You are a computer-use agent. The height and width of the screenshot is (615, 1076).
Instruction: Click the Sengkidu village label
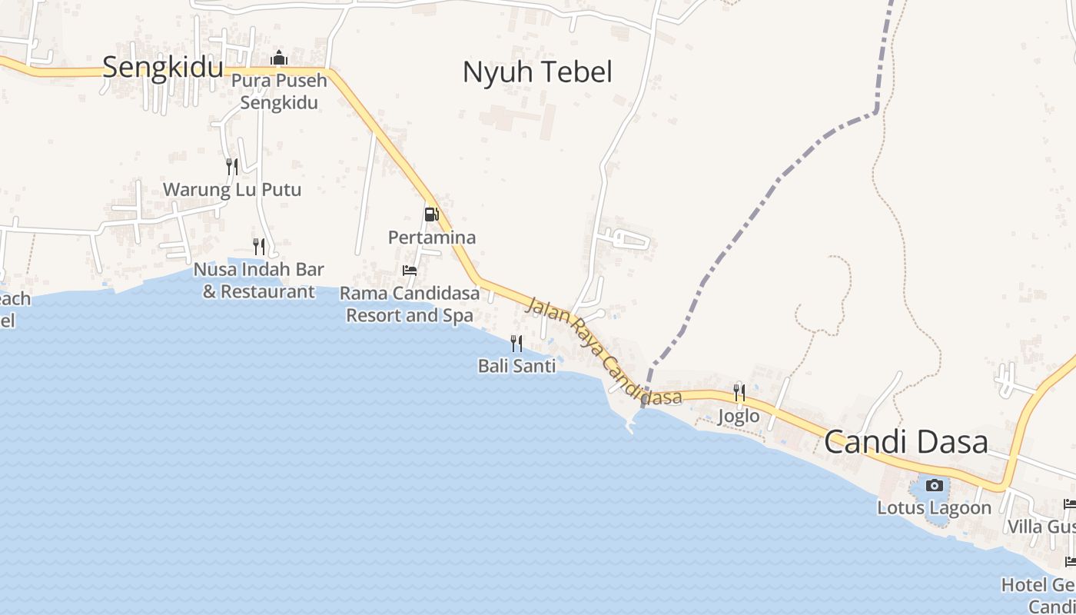(x=162, y=67)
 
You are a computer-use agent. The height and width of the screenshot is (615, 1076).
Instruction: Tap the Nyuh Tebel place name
(x=537, y=72)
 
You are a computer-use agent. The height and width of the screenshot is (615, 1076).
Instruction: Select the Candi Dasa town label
(x=906, y=443)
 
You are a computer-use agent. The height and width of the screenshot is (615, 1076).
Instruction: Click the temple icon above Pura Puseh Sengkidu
(x=278, y=58)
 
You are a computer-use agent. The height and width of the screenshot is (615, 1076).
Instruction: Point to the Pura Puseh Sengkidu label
(x=279, y=91)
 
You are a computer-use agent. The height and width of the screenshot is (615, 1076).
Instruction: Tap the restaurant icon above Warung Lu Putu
(x=231, y=166)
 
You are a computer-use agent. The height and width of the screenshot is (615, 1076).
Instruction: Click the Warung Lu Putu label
(x=231, y=190)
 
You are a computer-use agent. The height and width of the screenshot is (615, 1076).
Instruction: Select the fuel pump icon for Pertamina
(x=431, y=214)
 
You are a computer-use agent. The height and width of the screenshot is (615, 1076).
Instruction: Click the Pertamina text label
(x=431, y=238)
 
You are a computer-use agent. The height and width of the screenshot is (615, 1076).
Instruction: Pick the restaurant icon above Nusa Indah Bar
(x=259, y=247)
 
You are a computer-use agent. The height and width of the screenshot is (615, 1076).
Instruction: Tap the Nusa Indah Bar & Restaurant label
(x=259, y=281)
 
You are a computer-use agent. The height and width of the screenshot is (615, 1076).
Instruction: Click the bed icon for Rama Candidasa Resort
(x=410, y=270)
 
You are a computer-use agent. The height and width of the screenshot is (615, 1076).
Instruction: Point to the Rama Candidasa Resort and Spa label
(x=410, y=304)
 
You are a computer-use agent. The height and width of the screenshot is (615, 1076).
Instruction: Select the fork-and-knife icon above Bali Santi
(x=516, y=343)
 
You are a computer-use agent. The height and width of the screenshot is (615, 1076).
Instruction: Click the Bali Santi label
(x=516, y=366)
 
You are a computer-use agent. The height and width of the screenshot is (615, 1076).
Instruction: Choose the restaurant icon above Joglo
(x=739, y=393)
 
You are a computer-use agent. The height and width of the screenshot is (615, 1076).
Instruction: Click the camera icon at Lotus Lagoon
(x=935, y=485)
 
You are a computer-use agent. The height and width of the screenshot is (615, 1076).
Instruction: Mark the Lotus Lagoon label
(x=935, y=508)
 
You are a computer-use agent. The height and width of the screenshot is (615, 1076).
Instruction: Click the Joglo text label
(x=739, y=417)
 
